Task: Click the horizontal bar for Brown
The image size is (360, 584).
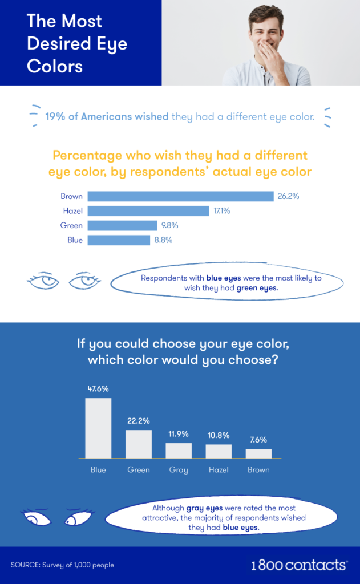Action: tap(180, 196)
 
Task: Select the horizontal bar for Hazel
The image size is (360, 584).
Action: tap(148, 211)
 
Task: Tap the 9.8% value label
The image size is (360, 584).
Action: tap(170, 225)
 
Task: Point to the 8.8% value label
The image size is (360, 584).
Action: tap(163, 240)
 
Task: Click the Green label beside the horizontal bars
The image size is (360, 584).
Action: tap(71, 225)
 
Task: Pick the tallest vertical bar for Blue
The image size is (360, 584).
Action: tap(98, 428)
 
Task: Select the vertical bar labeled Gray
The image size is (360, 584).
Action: tap(179, 450)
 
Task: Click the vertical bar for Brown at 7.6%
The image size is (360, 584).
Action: tap(258, 453)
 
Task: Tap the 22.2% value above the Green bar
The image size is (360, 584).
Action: tap(138, 421)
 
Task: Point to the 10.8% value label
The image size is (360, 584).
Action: tap(219, 435)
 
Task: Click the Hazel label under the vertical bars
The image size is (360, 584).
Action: tap(219, 470)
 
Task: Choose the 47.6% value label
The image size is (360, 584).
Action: tap(98, 389)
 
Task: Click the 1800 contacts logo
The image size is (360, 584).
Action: tap(299, 565)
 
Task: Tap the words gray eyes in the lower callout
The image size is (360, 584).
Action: tap(203, 508)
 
